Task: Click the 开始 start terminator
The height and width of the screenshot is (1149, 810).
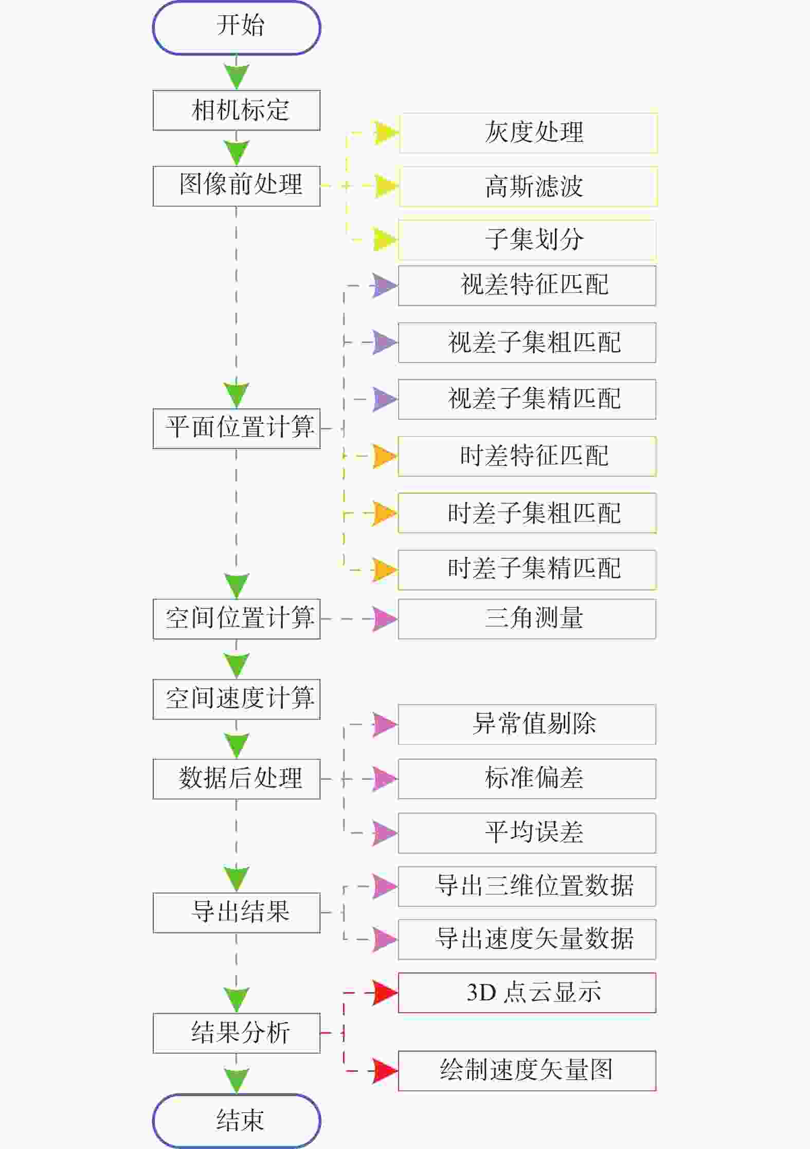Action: tap(237, 27)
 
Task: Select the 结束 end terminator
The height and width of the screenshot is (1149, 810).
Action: tap(237, 1120)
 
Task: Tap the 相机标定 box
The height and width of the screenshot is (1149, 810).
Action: tap(237, 110)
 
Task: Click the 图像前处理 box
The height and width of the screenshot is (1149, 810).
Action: tap(237, 186)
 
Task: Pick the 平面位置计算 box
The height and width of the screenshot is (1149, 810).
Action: tap(237, 428)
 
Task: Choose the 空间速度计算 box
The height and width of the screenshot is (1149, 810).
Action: tap(237, 699)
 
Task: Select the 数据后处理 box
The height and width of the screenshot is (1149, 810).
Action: tap(237, 779)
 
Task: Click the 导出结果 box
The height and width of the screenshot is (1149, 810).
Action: tap(237, 912)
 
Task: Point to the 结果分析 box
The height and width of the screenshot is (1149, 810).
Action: tap(237, 1033)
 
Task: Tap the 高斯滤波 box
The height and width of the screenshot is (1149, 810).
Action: tap(528, 186)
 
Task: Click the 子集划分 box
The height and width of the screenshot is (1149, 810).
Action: tap(527, 240)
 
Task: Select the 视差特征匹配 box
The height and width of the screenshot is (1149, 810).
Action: tap(527, 285)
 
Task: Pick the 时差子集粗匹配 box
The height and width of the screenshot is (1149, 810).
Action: tap(527, 513)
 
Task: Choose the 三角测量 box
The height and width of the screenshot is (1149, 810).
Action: tap(527, 619)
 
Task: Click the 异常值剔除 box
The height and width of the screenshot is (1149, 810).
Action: tap(527, 724)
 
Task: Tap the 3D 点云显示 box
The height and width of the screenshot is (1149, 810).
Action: tap(527, 993)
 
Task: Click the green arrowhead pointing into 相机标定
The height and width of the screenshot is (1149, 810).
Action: tap(237, 76)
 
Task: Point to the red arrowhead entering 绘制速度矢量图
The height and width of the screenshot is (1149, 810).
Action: tap(385, 1071)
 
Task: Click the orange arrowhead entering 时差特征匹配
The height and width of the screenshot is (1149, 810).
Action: tap(385, 456)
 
